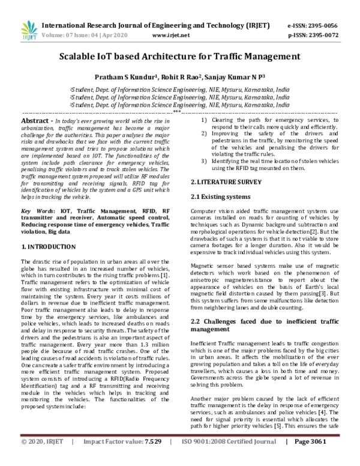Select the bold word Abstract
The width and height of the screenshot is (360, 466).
[35, 121]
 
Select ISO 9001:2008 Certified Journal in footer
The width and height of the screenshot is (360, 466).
[224, 458]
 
